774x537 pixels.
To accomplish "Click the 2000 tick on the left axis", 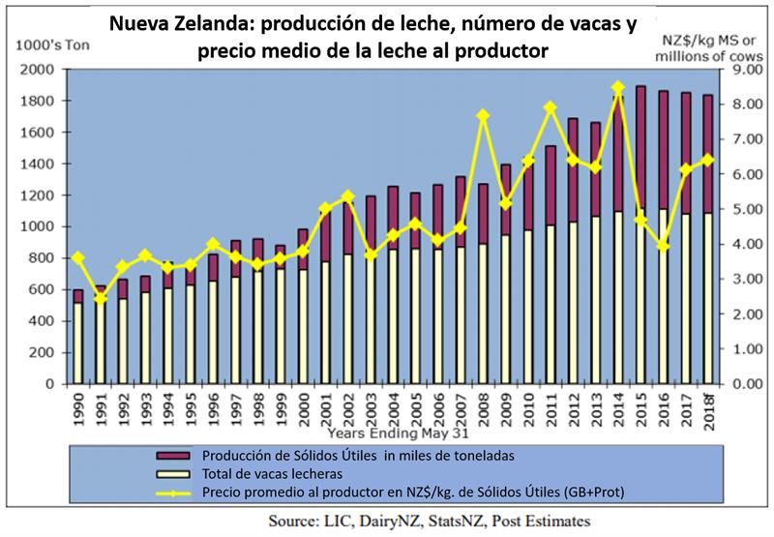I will click(x=36, y=70).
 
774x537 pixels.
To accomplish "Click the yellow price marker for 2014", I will click(x=616, y=87).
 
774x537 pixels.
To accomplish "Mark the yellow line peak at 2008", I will click(x=483, y=116).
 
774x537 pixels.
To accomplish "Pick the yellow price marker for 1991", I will click(x=100, y=298).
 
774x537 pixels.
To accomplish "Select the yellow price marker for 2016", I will click(x=663, y=246).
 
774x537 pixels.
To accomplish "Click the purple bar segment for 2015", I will click(x=640, y=145).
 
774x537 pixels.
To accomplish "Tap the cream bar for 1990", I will click(x=77, y=343).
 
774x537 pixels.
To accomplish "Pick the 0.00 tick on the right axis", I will click(x=737, y=384).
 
